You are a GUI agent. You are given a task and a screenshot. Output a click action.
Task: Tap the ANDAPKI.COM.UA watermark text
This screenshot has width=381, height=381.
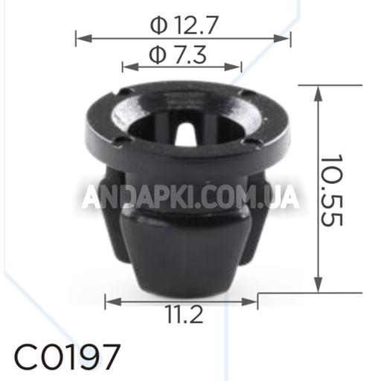point(190,197)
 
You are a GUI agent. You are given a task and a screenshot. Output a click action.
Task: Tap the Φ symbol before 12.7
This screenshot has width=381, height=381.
point(158,27)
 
